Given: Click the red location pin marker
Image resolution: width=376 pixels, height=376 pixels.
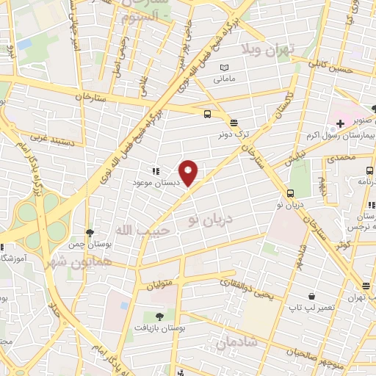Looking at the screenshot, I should (189, 173).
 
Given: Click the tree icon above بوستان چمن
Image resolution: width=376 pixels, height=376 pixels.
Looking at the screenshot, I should (89, 233).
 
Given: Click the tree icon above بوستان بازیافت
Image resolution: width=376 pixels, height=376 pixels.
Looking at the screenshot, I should (160, 317).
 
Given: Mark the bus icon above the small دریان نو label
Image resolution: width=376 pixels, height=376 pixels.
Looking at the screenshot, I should (292, 194).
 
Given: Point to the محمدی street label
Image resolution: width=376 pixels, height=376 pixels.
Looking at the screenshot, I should (341, 157).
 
